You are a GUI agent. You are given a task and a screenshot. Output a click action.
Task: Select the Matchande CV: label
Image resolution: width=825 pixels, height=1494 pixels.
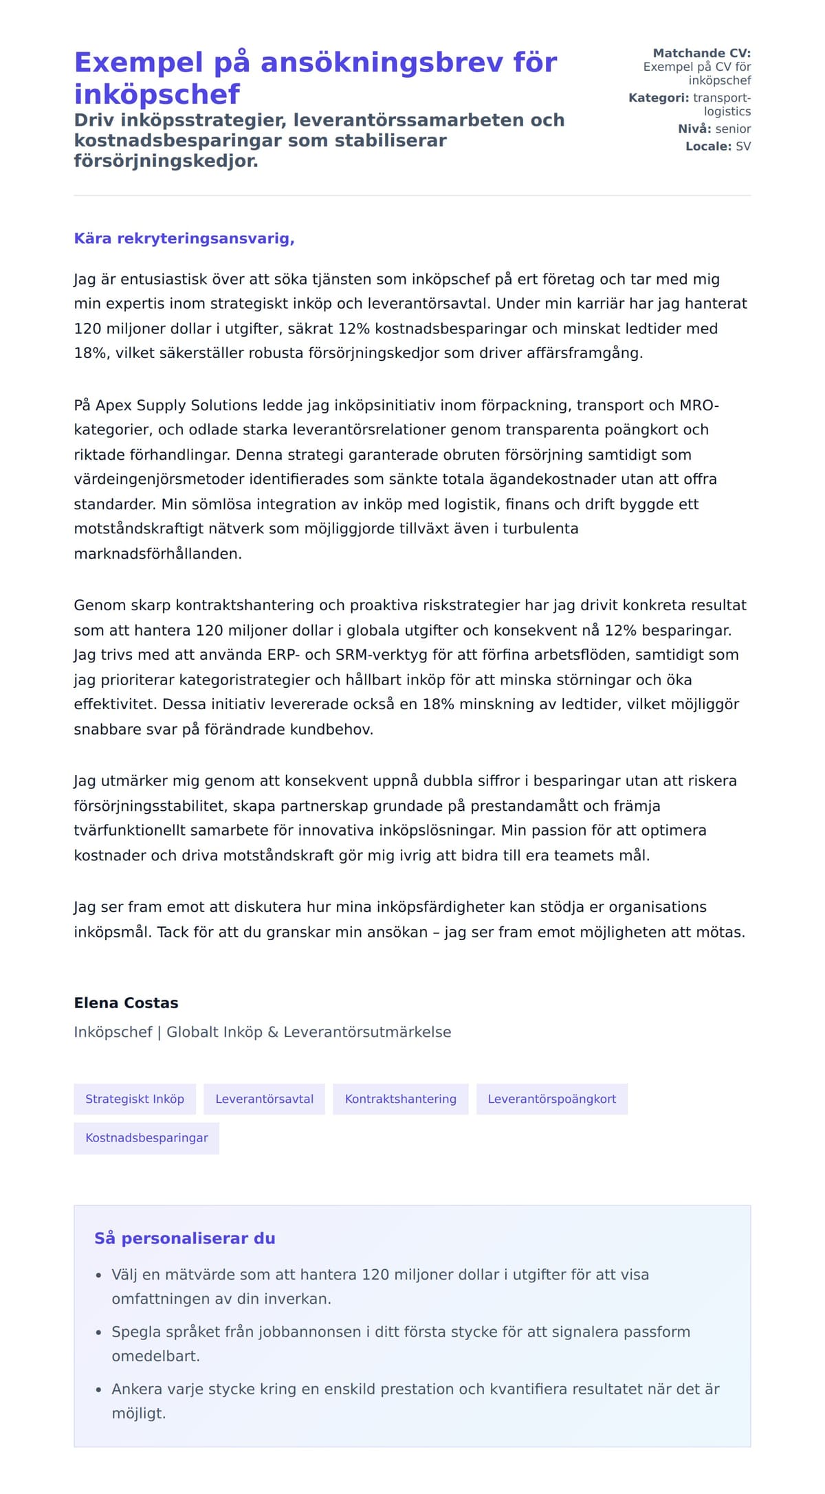pos(701,53)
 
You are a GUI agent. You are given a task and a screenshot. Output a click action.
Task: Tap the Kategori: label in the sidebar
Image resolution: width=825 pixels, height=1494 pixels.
pos(658,98)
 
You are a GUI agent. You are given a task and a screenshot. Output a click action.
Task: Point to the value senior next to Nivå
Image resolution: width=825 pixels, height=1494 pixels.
pos(733,129)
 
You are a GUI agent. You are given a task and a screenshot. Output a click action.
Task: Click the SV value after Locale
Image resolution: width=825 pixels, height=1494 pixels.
pos(743,146)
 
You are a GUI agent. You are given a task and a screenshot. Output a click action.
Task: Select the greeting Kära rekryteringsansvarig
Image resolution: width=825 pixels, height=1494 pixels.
pos(184,238)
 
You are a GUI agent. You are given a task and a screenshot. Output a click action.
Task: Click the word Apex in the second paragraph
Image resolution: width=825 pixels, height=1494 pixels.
pos(113,405)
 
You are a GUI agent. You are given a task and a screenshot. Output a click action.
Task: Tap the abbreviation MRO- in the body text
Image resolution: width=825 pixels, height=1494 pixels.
pos(698,405)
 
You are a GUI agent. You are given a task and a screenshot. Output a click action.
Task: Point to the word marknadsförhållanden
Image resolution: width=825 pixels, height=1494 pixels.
pos(157,554)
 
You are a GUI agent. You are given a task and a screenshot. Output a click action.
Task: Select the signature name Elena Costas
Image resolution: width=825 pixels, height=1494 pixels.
pos(126,1003)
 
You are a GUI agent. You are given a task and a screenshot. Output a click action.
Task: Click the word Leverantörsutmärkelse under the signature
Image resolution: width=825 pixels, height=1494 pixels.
pos(367,1032)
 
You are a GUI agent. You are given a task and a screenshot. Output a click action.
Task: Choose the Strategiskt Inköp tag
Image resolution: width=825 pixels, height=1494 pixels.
pos(135,1099)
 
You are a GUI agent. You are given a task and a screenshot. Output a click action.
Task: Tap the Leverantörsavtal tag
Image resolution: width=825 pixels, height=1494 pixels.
pos(264,1099)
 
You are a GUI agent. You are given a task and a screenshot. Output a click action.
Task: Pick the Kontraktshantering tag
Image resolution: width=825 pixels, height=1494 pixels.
pos(400,1099)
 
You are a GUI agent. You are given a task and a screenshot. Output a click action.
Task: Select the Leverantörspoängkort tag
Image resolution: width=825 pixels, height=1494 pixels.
pos(551,1099)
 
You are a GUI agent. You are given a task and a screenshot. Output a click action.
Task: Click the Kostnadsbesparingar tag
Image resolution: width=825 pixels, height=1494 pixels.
pos(146,1138)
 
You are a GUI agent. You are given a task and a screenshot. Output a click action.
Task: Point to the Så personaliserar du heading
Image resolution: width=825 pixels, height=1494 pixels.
pos(184,1238)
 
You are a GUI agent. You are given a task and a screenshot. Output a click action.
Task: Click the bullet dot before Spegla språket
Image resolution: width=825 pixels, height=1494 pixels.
pos(98,1333)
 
